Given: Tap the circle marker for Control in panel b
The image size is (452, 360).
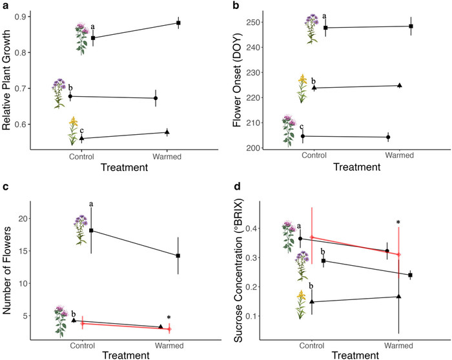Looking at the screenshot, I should tap(303, 136).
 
